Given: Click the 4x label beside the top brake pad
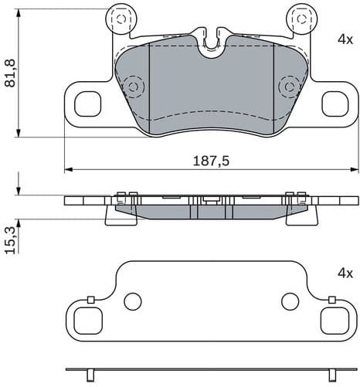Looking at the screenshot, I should [344, 38].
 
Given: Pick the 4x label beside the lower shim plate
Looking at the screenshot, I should [344, 273].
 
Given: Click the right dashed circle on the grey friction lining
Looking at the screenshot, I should [289, 85].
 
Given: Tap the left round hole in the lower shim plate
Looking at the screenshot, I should [132, 301].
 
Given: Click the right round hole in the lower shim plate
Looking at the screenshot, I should [290, 301].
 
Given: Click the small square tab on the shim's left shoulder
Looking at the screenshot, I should [90, 300].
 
